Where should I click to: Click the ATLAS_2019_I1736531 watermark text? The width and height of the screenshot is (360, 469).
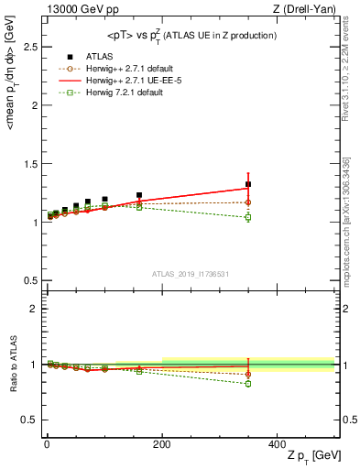click(189, 274)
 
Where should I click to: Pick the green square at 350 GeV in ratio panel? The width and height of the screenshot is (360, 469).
click(248, 384)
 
